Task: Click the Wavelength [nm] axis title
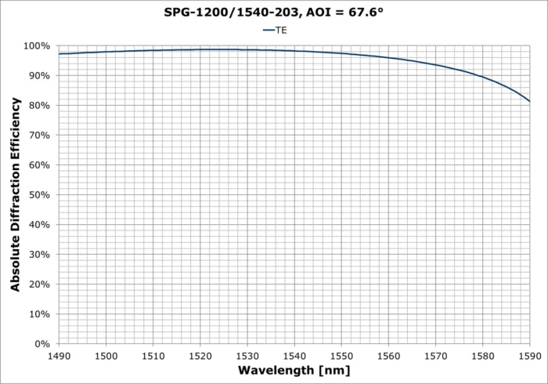pos(294,370)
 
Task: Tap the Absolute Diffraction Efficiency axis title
pos(16,195)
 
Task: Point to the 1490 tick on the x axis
pos(59,355)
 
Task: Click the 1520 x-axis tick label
pos(200,355)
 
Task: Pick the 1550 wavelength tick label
pos(341,355)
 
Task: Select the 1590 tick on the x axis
pos(530,355)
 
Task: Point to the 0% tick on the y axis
pos(44,344)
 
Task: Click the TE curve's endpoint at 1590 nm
pos(530,101)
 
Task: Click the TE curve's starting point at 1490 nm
pos(59,54)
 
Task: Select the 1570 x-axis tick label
pos(435,355)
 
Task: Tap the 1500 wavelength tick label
pos(106,355)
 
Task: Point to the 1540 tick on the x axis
pos(294,355)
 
